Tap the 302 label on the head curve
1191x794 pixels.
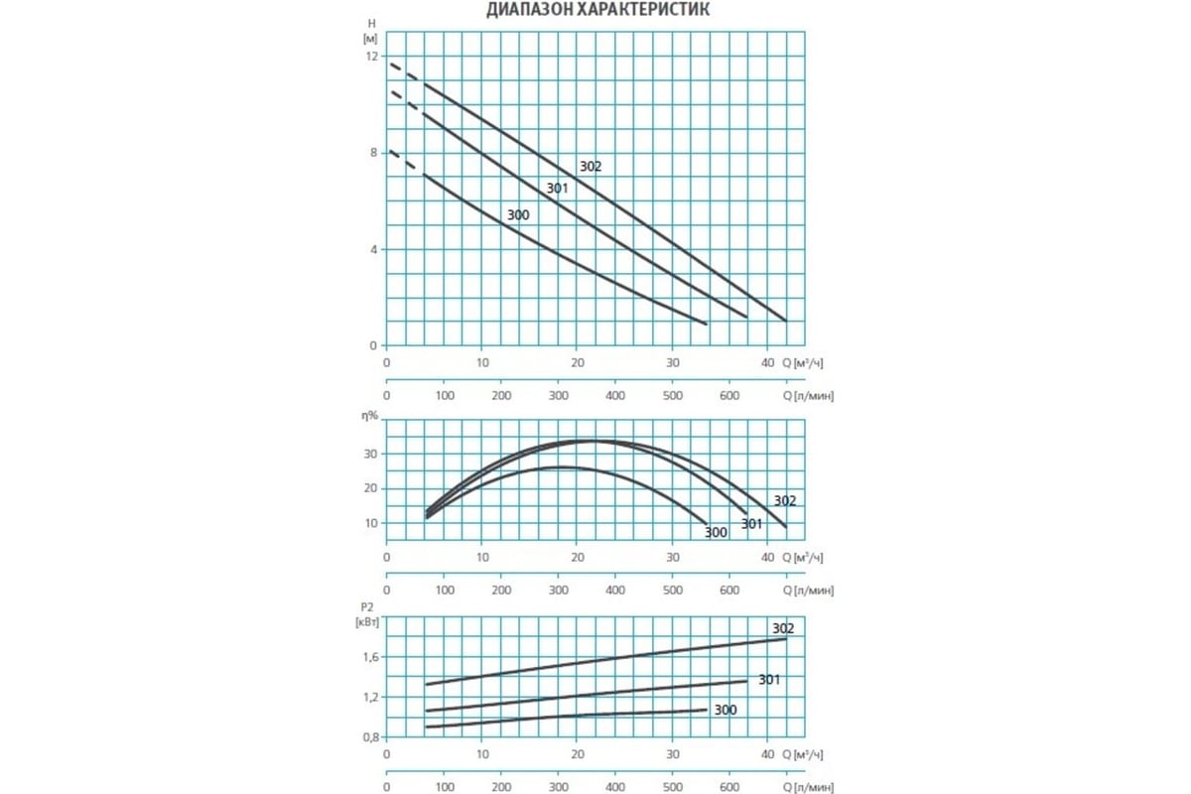click(x=591, y=167)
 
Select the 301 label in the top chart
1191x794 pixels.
click(x=557, y=189)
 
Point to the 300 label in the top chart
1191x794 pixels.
click(x=518, y=215)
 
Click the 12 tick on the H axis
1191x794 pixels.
click(x=370, y=57)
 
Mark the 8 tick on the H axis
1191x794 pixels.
click(x=372, y=153)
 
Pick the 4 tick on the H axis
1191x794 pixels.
click(x=372, y=249)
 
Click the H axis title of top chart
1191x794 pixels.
click(x=371, y=22)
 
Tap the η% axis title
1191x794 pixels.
click(x=369, y=416)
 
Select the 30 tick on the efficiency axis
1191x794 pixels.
click(x=368, y=454)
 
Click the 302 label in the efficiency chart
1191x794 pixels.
click(x=785, y=501)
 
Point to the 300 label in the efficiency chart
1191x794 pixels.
click(x=716, y=533)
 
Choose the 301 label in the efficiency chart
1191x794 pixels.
click(x=752, y=523)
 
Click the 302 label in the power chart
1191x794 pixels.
click(x=783, y=628)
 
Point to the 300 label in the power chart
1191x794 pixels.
click(x=726, y=710)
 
